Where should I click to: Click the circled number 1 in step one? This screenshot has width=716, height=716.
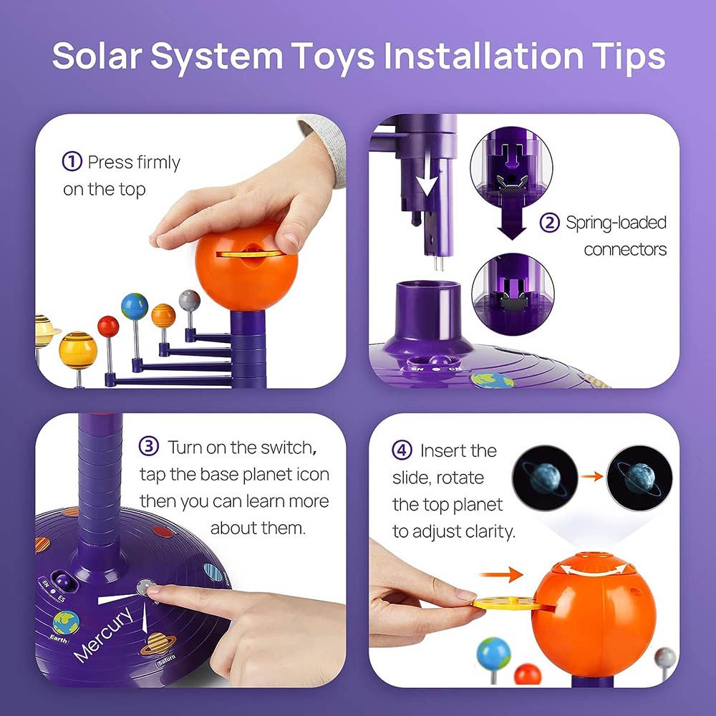[72, 162]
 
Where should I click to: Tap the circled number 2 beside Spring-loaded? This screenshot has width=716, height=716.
[549, 223]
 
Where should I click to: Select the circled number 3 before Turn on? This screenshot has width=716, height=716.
[149, 446]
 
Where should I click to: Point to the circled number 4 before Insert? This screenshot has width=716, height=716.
[402, 450]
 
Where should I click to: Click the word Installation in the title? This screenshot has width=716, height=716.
[483, 56]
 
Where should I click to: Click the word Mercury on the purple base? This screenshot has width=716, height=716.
[104, 634]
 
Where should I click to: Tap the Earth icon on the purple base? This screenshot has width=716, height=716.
[66, 623]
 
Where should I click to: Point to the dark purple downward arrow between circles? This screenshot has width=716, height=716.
[512, 218]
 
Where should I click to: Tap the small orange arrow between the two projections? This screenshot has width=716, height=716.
[592, 477]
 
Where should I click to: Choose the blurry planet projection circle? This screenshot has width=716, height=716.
[545, 478]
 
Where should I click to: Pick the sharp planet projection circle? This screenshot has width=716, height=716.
[639, 478]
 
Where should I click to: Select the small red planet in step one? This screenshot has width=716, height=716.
[108, 326]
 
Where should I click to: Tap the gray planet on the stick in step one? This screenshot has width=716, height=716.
[190, 301]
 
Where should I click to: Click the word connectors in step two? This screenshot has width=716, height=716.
[625, 250]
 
